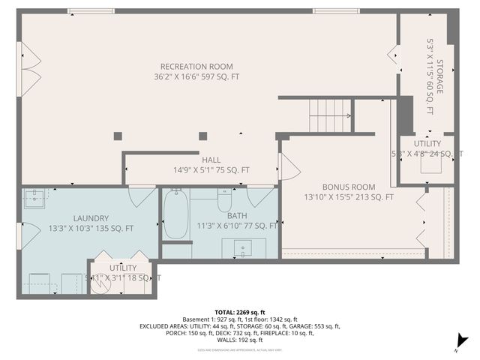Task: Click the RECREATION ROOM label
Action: pos(196,66)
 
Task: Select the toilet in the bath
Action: pos(225,201)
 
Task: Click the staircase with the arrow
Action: pos(330,115)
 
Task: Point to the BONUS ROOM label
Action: pos(349,187)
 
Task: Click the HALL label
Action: pos(210,160)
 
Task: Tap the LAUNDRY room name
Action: pos(91,218)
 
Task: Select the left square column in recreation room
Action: pos(118,136)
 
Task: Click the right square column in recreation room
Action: pos(202,136)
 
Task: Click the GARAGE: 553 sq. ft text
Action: pos(314,326)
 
